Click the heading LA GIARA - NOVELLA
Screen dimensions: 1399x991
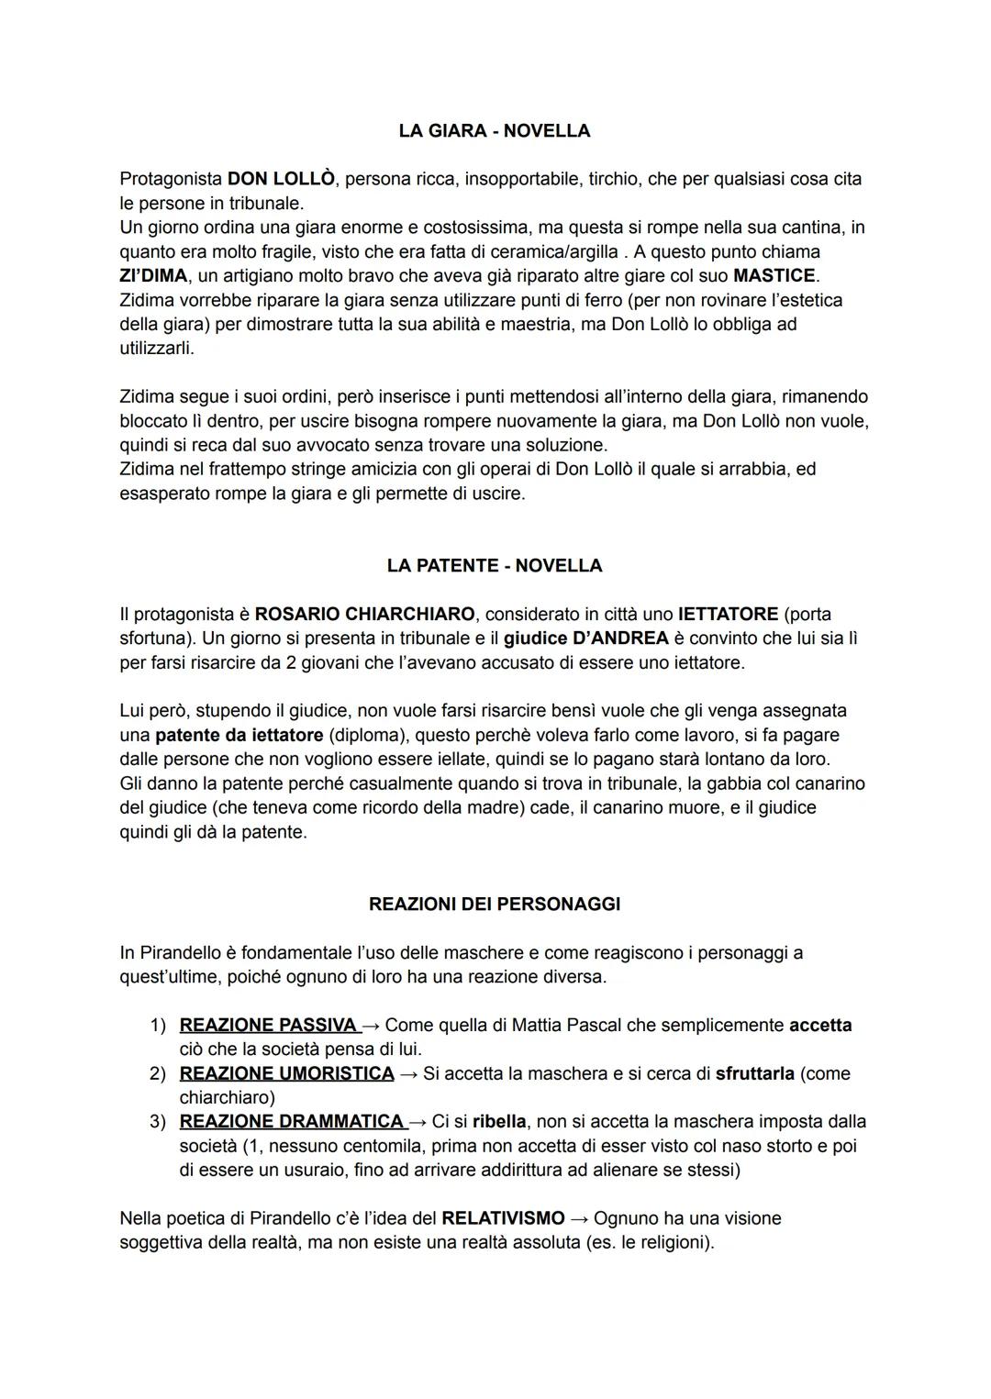(495, 131)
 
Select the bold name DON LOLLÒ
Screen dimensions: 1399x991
(281, 179)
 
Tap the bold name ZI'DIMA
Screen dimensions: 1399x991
(153, 275)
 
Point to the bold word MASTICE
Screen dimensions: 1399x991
(774, 275)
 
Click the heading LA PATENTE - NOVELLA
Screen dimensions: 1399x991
(495, 566)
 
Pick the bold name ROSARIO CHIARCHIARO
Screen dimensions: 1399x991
(364, 614)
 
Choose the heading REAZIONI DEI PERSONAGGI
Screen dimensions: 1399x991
(495, 905)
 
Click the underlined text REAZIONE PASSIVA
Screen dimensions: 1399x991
(268, 1025)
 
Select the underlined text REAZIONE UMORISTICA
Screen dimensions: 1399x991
(286, 1073)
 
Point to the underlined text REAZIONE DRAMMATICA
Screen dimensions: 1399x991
(292, 1121)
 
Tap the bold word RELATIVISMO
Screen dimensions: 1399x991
(503, 1218)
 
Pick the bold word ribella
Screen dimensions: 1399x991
(499, 1121)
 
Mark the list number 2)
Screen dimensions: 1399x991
(158, 1073)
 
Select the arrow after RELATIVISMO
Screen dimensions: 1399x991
(579, 1218)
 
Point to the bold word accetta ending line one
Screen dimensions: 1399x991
(820, 1025)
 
